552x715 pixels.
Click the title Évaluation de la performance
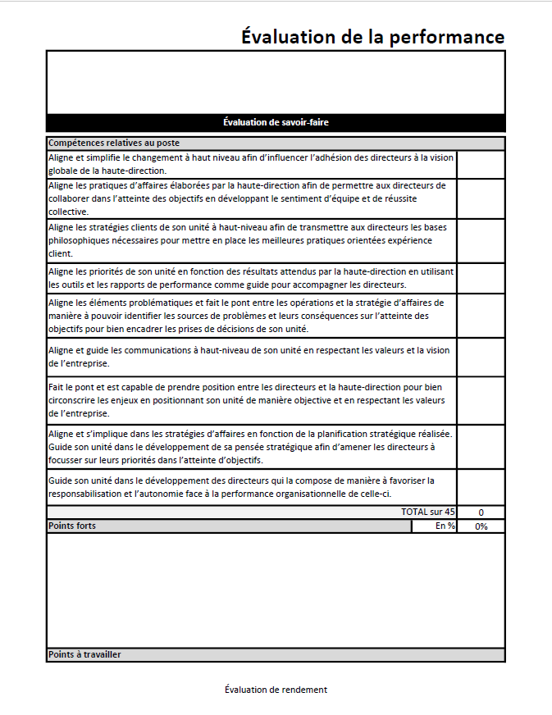(x=372, y=37)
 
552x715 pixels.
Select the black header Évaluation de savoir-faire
(x=276, y=122)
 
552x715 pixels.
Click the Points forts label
(x=72, y=526)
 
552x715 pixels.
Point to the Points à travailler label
(x=84, y=654)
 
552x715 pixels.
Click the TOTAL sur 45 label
(x=427, y=512)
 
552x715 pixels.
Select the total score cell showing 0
(x=481, y=512)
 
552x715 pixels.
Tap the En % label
(x=445, y=526)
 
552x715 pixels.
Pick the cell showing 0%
(x=481, y=526)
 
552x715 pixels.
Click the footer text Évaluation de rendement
(x=276, y=690)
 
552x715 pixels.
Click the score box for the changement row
(x=481, y=164)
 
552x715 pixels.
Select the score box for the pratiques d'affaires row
(x=481, y=198)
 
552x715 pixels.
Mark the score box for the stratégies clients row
(x=481, y=240)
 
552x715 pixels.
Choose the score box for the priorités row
(x=481, y=278)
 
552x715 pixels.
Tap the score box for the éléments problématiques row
(x=481, y=316)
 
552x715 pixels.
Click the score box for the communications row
(x=481, y=357)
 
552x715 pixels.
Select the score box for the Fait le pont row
(x=481, y=400)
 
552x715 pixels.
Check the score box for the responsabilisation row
(x=481, y=487)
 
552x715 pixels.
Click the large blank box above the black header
(x=276, y=82)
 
